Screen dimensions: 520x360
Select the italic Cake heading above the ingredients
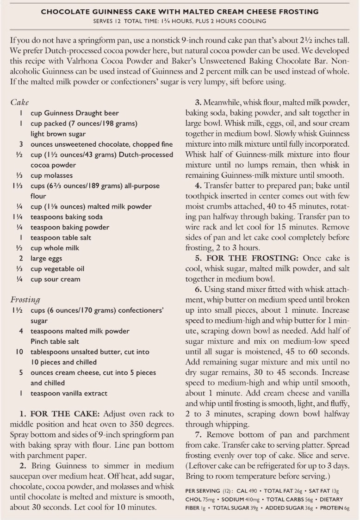click(x=19, y=102)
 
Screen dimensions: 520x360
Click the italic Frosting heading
click(x=25, y=299)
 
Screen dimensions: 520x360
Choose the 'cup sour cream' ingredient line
click(x=55, y=279)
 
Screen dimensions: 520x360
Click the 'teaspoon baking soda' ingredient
click(x=67, y=217)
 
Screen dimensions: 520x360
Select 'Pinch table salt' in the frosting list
click(x=55, y=341)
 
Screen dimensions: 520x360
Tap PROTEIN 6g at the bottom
click(x=334, y=508)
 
